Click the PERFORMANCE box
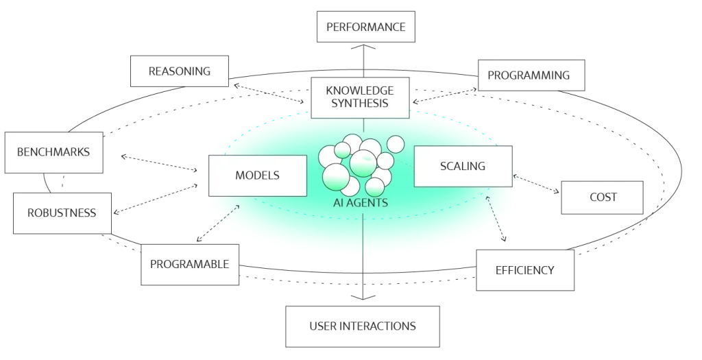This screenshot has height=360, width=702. (366, 27)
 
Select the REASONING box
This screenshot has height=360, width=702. (180, 71)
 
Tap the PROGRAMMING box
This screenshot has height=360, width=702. (531, 75)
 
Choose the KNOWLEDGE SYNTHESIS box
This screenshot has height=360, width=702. (360, 97)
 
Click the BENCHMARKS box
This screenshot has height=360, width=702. (53, 153)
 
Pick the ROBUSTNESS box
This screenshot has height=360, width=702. (62, 213)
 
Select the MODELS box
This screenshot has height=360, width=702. (258, 176)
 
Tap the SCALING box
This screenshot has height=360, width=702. (463, 166)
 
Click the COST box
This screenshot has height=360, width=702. (602, 197)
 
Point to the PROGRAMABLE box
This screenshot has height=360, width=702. (190, 265)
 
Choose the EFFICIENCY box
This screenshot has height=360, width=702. (525, 270)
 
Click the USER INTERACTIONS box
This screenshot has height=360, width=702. (363, 326)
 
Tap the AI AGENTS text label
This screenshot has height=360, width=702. (361, 203)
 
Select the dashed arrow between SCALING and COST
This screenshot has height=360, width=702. (536, 184)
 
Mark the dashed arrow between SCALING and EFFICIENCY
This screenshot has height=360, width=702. (496, 219)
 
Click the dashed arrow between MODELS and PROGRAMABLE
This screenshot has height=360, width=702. (218, 224)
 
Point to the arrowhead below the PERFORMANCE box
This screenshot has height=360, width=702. (363, 47)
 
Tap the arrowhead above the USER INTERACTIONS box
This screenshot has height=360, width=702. (363, 298)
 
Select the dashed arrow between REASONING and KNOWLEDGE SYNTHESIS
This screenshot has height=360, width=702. (269, 93)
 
